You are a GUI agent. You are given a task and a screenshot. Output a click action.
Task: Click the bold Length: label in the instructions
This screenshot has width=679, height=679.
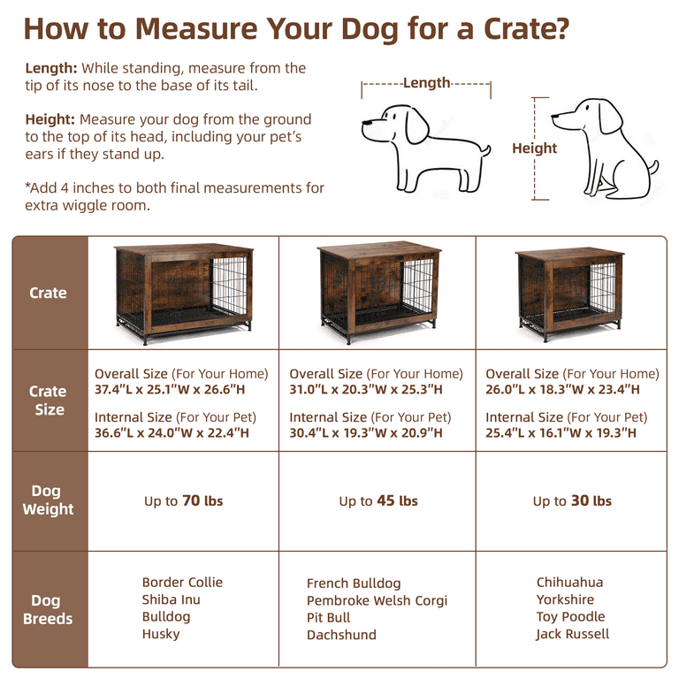51,68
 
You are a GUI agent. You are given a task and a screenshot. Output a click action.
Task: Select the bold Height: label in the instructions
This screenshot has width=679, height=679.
50,119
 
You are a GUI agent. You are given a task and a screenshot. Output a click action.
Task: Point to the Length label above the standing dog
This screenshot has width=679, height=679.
427,83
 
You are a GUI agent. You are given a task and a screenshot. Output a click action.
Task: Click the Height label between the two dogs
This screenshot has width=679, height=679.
534,149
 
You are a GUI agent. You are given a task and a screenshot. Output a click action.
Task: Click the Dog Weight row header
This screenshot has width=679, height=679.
49,500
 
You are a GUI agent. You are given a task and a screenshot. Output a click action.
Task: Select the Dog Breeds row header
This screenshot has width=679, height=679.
49,610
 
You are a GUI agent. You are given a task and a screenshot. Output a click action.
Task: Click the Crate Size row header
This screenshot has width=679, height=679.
49,400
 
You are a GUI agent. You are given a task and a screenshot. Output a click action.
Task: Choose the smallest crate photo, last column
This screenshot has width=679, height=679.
570,294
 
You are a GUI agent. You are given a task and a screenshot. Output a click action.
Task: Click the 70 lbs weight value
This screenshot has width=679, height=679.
202,501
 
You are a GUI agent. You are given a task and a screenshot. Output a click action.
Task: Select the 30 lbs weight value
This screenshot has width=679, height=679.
590,501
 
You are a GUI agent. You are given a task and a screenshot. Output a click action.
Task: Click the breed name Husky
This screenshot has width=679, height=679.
161,634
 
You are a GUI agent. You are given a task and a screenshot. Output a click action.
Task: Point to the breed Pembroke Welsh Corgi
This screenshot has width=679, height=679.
377,601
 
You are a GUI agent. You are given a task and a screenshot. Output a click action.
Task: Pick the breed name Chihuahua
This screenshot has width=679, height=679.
569,583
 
